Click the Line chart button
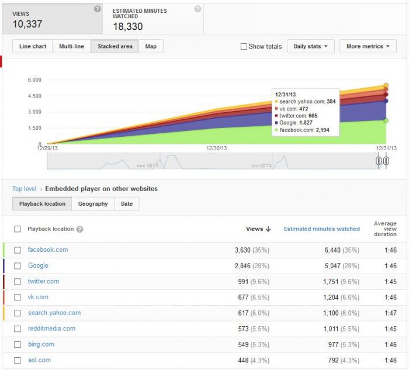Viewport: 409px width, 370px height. (x=33, y=46)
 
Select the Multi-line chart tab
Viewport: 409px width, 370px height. (x=71, y=46)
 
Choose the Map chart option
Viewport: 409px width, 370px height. (x=151, y=46)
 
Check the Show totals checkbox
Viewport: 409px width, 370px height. (x=244, y=46)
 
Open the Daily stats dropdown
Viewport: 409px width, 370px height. (x=310, y=46)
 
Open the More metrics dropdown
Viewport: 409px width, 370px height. (x=368, y=46)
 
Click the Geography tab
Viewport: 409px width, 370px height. (x=93, y=204)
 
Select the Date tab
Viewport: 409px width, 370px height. (x=127, y=204)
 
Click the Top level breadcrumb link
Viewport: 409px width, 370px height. (x=25, y=189)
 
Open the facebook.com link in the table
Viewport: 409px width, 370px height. (x=48, y=250)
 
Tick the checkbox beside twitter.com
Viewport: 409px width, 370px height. (x=18, y=282)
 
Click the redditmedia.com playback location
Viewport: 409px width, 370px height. (x=51, y=328)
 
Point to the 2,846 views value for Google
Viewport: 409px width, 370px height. (x=242, y=265)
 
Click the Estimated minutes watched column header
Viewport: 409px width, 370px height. (x=321, y=229)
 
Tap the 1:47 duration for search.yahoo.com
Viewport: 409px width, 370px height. (x=390, y=313)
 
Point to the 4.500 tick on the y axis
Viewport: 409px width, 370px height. (x=34, y=96)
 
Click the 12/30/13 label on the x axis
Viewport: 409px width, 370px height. (x=217, y=148)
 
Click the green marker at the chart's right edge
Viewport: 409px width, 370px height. (x=386, y=120)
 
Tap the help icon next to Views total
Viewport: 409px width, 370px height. (x=98, y=9)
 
